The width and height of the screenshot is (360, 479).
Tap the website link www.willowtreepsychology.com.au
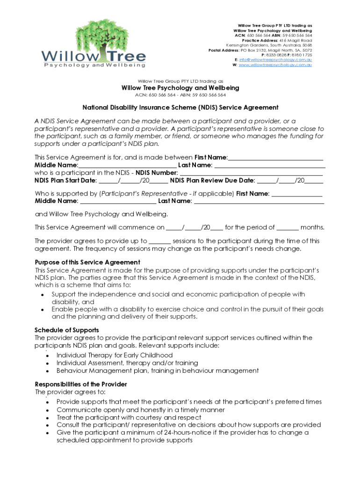click(x=275, y=65)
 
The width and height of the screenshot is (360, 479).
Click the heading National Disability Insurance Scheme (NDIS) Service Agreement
click(x=180, y=108)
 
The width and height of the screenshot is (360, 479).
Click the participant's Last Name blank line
click(x=270, y=165)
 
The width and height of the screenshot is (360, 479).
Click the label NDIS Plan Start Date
click(x=66, y=181)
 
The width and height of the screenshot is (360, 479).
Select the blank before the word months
click(x=288, y=228)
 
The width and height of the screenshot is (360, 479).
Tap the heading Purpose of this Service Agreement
click(x=87, y=262)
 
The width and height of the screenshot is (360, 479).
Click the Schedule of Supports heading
click(x=67, y=330)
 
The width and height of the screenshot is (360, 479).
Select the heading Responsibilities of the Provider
click(x=81, y=384)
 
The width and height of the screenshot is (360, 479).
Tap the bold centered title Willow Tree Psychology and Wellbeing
click(x=180, y=88)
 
